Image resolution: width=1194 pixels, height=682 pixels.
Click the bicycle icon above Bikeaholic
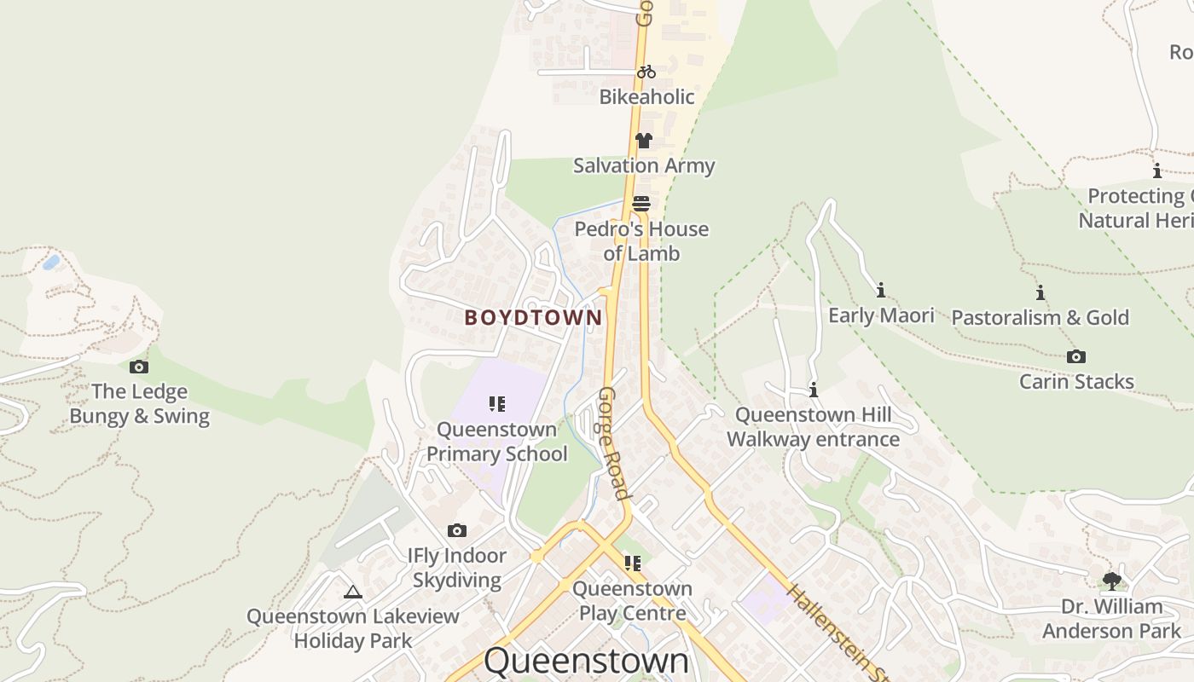(x=646, y=72)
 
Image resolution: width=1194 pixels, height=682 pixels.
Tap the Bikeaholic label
(x=646, y=97)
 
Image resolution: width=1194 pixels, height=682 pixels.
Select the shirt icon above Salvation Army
(x=643, y=141)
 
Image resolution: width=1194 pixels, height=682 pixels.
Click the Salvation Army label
(x=644, y=165)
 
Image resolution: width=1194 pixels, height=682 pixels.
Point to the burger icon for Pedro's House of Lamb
(x=641, y=204)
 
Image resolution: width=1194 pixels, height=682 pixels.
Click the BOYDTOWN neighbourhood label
(x=533, y=318)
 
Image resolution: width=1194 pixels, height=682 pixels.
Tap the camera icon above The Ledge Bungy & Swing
(x=139, y=367)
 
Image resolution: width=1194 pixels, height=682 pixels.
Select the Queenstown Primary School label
(x=496, y=442)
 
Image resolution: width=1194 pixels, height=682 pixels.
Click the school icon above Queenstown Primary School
(x=497, y=404)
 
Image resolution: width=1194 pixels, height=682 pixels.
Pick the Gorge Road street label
(x=613, y=443)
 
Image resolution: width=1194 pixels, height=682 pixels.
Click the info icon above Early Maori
(x=881, y=290)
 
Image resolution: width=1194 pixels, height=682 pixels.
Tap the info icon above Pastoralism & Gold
(x=1040, y=293)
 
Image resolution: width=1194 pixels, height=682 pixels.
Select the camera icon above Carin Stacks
(x=1076, y=356)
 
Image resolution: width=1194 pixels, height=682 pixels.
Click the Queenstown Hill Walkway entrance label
(x=813, y=427)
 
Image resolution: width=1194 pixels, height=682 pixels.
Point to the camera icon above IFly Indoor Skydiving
(x=457, y=530)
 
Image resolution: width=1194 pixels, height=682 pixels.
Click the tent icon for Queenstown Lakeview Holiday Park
(x=353, y=592)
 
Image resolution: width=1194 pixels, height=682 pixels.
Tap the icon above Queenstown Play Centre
(x=632, y=563)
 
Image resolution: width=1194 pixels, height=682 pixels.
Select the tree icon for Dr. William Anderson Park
(x=1111, y=581)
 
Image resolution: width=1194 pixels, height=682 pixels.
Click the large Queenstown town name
(x=586, y=661)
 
